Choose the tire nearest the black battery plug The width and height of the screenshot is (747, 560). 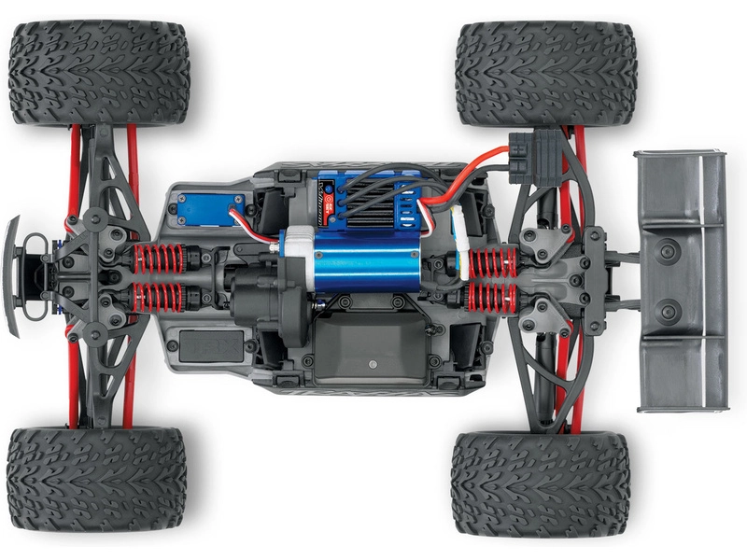(x=545, y=75)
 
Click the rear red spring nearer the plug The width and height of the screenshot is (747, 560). (x=492, y=262)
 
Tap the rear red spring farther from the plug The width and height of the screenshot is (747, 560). (x=492, y=299)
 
